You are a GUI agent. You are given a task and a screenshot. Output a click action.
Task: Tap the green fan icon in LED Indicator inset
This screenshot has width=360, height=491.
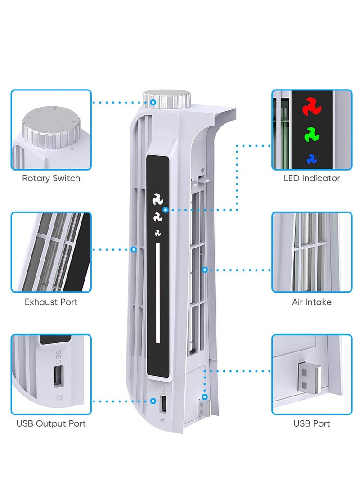tap(310, 134)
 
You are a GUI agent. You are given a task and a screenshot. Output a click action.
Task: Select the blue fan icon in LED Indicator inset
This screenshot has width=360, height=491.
tap(310, 158)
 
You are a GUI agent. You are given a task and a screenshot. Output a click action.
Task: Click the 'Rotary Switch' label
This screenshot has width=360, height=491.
tap(51, 178)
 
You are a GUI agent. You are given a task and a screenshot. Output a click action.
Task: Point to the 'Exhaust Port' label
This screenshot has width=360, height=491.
tap(51, 302)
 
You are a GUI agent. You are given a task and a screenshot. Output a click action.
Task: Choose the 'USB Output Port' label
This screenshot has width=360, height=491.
tap(51, 423)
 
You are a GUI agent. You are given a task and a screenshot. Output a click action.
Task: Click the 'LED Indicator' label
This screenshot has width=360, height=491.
tap(312, 178)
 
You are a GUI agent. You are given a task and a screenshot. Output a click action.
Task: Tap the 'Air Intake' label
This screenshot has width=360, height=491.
tap(312, 302)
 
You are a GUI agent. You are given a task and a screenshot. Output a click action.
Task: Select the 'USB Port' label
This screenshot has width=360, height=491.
tap(312, 423)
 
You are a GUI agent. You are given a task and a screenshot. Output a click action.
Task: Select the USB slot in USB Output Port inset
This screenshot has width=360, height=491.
tap(59, 376)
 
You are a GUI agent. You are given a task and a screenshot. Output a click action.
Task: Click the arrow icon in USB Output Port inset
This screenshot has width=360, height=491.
tap(59, 397)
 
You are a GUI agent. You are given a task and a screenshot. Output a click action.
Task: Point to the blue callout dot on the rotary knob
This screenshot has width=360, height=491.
tap(153, 103)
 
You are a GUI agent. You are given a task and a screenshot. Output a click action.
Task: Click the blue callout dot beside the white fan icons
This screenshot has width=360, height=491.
tap(166, 210)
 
